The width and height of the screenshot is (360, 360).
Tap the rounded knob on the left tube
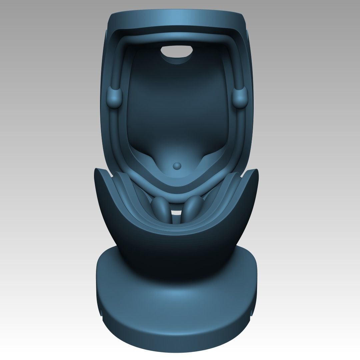click(x=115, y=97)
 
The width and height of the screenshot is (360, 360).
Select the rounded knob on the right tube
click(x=241, y=97)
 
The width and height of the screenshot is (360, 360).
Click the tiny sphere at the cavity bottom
click(x=177, y=165)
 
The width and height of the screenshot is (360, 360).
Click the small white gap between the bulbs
click(x=176, y=212)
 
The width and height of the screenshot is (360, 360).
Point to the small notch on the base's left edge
click(x=99, y=312)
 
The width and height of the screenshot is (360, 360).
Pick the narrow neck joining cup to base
click(x=177, y=260)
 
